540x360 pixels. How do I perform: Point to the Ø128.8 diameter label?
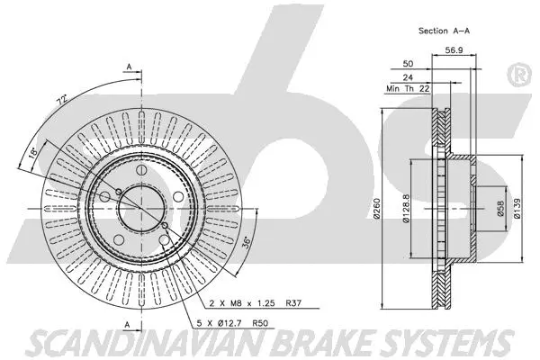[x=407, y=209]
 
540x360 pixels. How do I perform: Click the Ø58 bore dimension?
[x=499, y=209]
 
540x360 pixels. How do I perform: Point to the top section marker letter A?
[x=130, y=67]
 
